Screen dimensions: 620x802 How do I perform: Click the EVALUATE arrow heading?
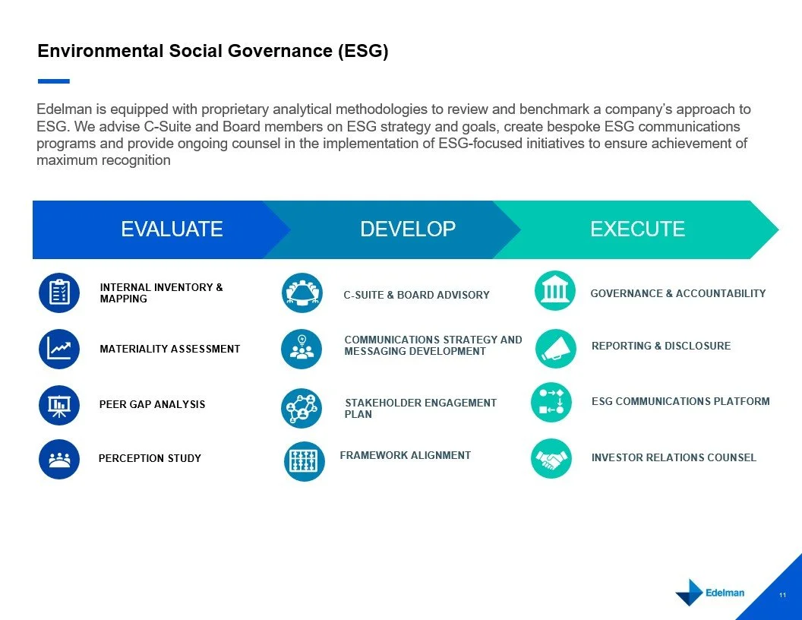[x=172, y=229]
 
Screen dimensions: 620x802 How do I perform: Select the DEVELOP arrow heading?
[x=408, y=229]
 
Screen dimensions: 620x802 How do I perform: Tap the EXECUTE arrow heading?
[x=637, y=229]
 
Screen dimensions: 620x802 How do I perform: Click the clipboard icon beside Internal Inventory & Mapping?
[x=59, y=293]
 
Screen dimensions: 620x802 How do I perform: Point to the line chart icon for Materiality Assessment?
[x=59, y=348]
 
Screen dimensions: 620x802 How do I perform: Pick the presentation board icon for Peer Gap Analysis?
[x=59, y=405]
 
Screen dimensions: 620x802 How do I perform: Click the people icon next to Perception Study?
[x=59, y=459]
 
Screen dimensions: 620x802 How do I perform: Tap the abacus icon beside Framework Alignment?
[x=304, y=461]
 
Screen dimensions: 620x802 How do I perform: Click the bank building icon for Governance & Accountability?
[x=555, y=290]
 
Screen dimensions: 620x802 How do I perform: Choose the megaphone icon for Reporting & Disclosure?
[x=555, y=348]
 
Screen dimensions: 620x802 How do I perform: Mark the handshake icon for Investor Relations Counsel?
[x=551, y=459]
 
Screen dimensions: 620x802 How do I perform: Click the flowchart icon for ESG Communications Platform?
[x=551, y=403]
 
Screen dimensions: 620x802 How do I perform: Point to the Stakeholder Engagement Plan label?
[x=420, y=408]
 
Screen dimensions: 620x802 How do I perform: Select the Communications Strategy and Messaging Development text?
[x=433, y=346]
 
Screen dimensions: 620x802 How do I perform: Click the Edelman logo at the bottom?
[x=709, y=592]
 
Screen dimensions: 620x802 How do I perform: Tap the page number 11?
[x=782, y=595]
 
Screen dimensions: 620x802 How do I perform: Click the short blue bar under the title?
[x=53, y=81]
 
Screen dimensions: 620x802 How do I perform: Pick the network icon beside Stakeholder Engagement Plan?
[x=302, y=408]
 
